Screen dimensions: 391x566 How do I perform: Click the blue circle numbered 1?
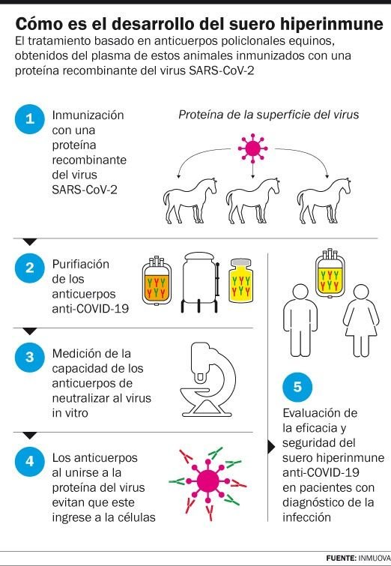click(x=30, y=119)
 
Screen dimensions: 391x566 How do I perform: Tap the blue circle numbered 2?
click(x=30, y=268)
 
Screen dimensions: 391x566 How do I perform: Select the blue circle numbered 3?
click(x=30, y=358)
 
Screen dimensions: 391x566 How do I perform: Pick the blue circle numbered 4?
click(x=30, y=461)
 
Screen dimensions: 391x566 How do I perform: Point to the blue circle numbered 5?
click(x=297, y=388)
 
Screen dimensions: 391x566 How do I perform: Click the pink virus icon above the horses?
click(x=253, y=148)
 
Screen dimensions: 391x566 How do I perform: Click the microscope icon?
click(x=207, y=380)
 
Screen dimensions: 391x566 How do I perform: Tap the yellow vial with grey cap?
click(x=241, y=280)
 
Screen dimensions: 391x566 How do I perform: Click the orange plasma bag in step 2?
click(x=157, y=280)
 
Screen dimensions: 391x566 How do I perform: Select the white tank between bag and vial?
click(x=200, y=283)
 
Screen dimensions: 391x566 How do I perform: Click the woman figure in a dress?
click(x=361, y=321)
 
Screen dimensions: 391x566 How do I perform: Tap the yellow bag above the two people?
click(x=330, y=273)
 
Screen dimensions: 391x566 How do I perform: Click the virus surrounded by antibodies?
click(x=207, y=481)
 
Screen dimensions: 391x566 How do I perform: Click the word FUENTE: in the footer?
click(x=341, y=558)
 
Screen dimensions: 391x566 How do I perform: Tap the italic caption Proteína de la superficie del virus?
click(x=269, y=115)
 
